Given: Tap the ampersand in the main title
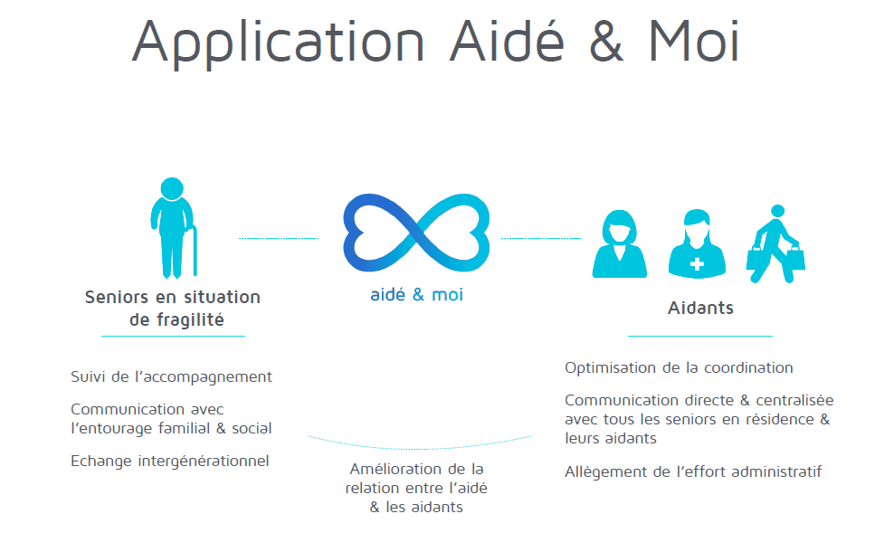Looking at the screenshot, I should [591, 41].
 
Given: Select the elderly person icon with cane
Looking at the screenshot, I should [172, 227].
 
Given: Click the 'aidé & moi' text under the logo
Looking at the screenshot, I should [416, 295].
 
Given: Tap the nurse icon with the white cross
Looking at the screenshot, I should [697, 244].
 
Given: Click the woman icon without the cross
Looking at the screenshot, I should [620, 244].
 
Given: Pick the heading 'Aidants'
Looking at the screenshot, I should [700, 308].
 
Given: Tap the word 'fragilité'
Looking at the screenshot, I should [189, 319].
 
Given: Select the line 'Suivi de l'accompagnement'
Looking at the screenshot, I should [171, 376].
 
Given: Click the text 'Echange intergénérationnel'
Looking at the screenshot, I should [170, 461].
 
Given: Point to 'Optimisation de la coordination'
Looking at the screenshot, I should [679, 367].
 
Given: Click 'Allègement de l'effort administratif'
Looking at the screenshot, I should [693, 471].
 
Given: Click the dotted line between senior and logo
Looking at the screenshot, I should [278, 238].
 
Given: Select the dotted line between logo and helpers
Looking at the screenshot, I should [540, 238].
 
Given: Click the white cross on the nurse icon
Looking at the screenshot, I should [697, 264].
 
